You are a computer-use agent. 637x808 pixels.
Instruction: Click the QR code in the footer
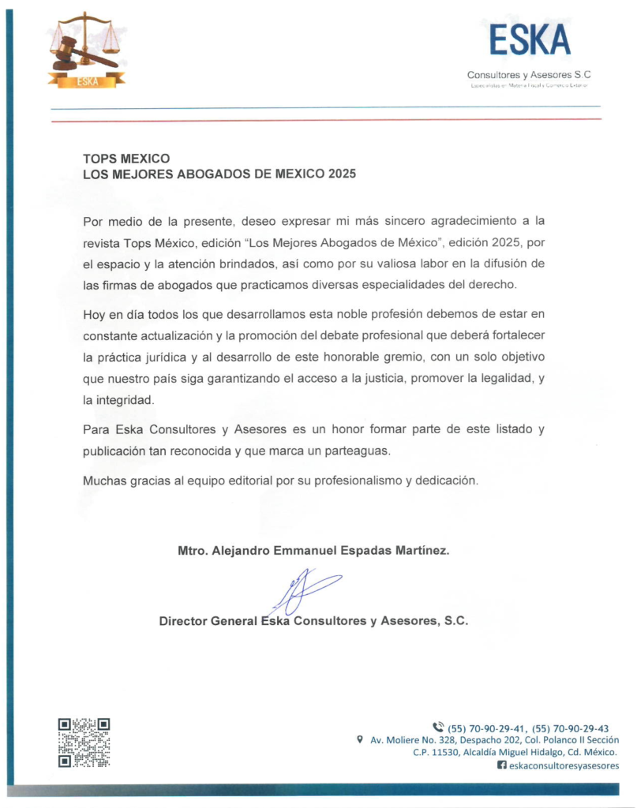84,742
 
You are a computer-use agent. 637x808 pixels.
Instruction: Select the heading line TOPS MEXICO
126,159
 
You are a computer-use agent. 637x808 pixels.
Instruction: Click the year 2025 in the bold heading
340,174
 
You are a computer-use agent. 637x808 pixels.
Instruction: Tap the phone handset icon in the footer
438,727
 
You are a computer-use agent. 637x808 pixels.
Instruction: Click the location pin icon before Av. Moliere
360,740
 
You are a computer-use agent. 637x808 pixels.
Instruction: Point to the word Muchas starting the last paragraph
103,480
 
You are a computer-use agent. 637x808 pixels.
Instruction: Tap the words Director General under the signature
208,621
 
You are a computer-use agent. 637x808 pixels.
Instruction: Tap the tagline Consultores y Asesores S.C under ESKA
529,75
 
